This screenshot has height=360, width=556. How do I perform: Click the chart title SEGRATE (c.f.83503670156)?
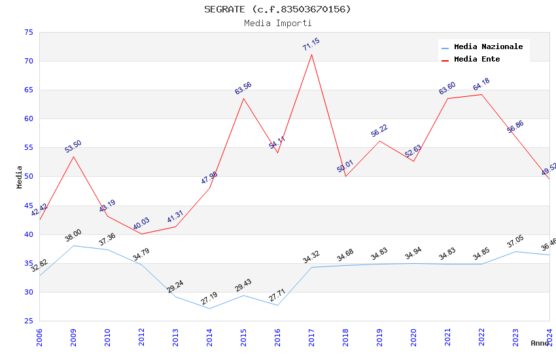(277, 9)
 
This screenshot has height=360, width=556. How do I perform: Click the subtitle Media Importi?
(277, 24)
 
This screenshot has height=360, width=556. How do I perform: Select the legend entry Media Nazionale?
(488, 46)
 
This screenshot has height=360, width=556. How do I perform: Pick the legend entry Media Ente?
(477, 59)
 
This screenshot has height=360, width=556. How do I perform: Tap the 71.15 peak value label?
(311, 45)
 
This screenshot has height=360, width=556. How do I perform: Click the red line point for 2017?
(311, 54)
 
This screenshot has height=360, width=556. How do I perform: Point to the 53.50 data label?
(73, 147)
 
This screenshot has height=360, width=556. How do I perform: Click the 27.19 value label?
(209, 298)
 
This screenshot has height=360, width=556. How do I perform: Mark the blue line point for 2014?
(209, 308)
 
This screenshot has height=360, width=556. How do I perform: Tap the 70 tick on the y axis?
(28, 62)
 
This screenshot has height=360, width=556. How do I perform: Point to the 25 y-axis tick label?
(28, 321)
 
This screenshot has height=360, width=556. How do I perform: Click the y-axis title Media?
(20, 177)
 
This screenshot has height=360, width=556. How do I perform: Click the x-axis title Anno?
(540, 343)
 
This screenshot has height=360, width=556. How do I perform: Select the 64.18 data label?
(481, 84)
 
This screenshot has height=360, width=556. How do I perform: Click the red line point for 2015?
(243, 98)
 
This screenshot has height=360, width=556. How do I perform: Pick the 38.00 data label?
(73, 236)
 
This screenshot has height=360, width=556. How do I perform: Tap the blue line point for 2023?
(515, 251)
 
